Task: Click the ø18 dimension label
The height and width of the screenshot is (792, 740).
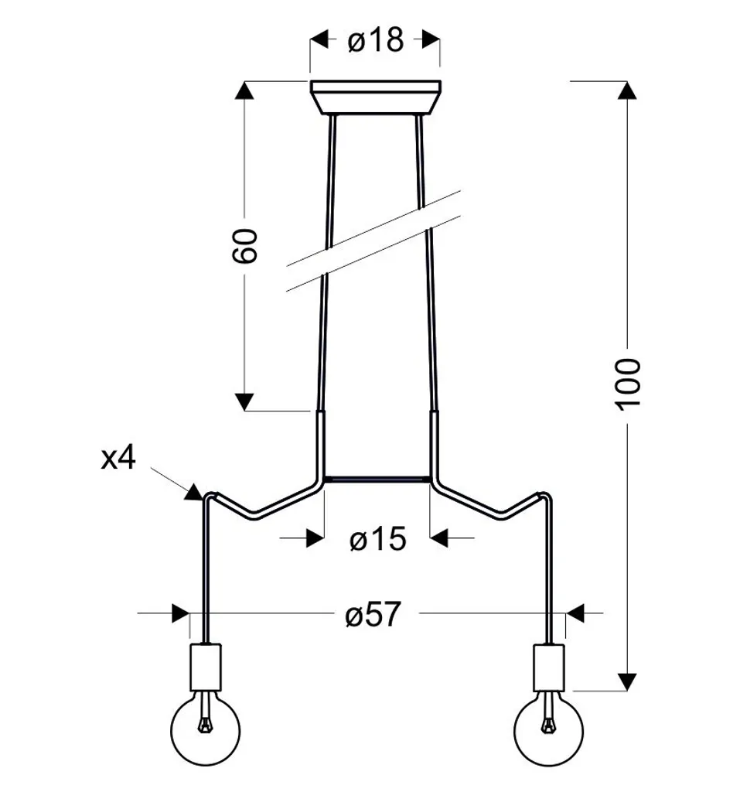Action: click(376, 40)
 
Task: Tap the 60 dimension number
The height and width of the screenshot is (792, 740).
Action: click(244, 245)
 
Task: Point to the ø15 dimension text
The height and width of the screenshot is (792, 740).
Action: click(378, 538)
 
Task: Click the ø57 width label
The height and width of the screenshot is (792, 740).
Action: click(373, 614)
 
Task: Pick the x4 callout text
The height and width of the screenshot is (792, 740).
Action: click(119, 459)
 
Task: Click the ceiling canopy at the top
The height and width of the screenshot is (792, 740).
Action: click(375, 97)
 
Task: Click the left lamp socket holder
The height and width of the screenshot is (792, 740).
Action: click(206, 667)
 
